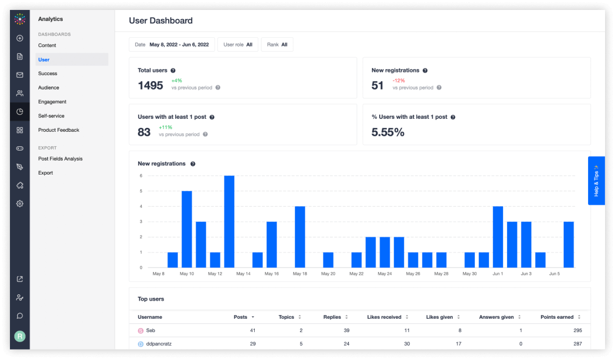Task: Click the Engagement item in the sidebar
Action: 52,102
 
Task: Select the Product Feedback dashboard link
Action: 59,130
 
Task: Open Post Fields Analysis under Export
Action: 60,159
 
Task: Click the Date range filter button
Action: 172,45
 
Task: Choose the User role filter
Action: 237,45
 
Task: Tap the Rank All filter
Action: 277,45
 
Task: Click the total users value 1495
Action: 150,86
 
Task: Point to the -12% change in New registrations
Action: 399,81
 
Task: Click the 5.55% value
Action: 388,132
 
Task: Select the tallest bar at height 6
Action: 229,221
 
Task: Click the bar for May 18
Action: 300,237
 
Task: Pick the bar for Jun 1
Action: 498,237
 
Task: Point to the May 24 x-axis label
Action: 385,274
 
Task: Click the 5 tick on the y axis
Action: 141,191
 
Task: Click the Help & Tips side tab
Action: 596,180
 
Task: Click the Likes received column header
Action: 384,317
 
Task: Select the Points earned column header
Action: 557,317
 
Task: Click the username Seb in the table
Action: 151,331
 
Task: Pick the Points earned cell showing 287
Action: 577,344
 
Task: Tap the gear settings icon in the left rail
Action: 20,204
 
